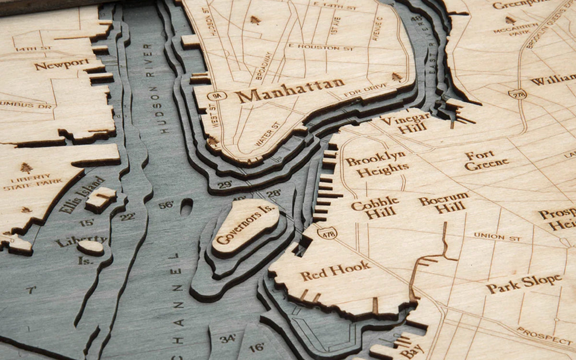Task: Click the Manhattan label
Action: tap(290, 90)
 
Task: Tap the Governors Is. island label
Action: tap(245, 224)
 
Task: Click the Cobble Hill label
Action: tap(375, 207)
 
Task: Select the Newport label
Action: tap(61, 64)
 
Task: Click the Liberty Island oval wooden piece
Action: tap(90, 247)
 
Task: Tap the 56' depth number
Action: tap(166, 205)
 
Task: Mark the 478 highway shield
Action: tap(327, 233)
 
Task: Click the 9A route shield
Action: tap(217, 96)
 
